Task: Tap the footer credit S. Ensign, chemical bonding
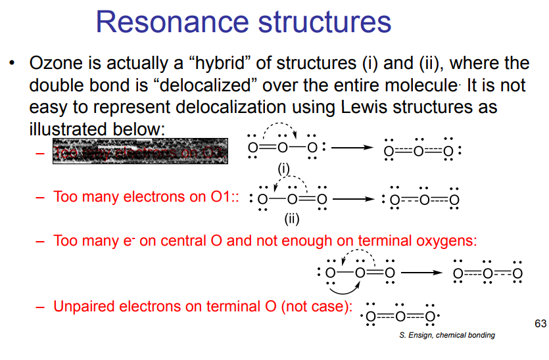click(447, 335)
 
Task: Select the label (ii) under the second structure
click(292, 219)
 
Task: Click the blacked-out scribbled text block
click(140, 151)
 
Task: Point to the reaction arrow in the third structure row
click(421, 271)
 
